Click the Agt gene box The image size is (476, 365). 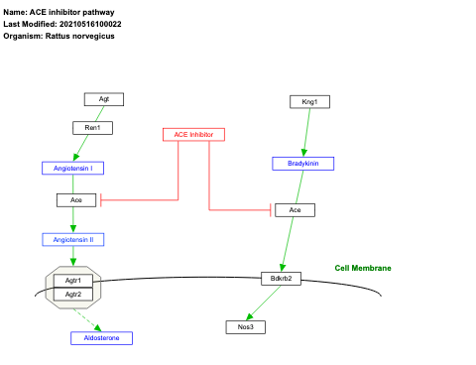tap(103, 98)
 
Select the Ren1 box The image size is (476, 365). tap(92, 127)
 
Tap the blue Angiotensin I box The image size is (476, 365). tap(72, 168)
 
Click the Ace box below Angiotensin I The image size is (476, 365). tap(76, 199)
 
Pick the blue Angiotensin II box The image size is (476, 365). tap(72, 239)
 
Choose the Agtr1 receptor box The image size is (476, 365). tap(72, 281)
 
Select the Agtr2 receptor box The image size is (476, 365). tap(72, 294)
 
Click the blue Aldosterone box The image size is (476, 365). tap(101, 338)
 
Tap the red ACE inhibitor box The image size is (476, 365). tap(193, 134)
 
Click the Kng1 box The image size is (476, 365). tap(309, 101)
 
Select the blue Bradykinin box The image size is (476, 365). tap(302, 163)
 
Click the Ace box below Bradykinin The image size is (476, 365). tap(295, 210)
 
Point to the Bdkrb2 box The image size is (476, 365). tap(281, 278)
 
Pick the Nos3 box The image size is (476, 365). tap(245, 326)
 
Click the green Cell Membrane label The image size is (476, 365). tap(363, 268)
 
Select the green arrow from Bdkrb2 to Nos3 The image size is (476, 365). tap(263, 303)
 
